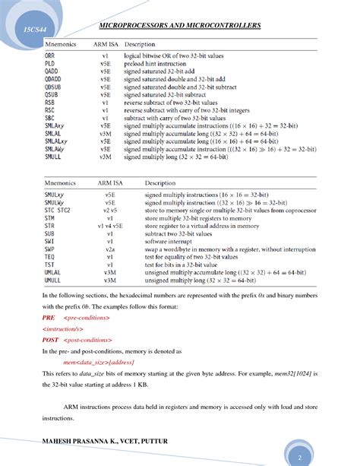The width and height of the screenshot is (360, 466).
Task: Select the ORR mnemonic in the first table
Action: pyautogui.click(x=49, y=56)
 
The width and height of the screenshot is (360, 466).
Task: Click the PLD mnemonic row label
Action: pyautogui.click(x=49, y=65)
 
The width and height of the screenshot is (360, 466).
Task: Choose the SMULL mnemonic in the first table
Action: pyautogui.click(x=52, y=159)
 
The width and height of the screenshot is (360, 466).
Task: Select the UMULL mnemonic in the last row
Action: pyautogui.click(x=52, y=279)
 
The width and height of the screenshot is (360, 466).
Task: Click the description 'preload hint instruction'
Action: pyautogui.click(x=156, y=65)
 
